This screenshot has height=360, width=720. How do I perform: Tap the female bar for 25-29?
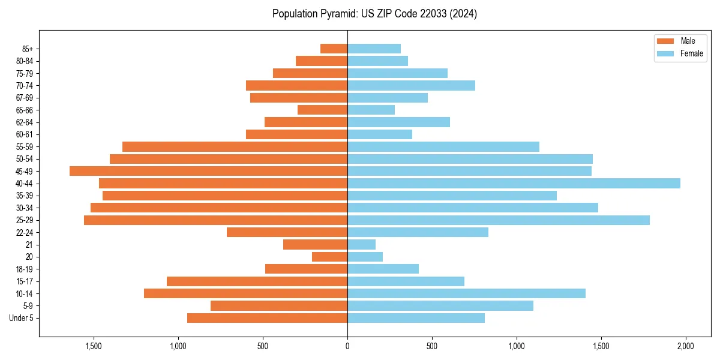pyautogui.click(x=498, y=220)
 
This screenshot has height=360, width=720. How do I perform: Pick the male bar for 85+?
pyautogui.click(x=334, y=49)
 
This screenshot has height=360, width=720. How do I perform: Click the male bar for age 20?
pyautogui.click(x=329, y=257)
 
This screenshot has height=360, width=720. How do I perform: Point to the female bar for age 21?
pyautogui.click(x=361, y=245)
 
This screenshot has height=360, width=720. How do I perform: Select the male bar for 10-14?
pyautogui.click(x=245, y=293)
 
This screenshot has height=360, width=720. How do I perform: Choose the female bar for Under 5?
pyautogui.click(x=416, y=318)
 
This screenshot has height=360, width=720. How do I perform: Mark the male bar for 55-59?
pyautogui.click(x=235, y=146)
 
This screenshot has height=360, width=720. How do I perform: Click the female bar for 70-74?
pyautogui.click(x=411, y=85)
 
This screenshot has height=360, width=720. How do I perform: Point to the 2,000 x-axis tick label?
pyautogui.click(x=685, y=346)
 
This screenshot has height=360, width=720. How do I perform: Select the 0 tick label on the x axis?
pyautogui.click(x=347, y=346)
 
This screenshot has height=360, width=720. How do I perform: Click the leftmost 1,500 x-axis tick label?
pyautogui.click(x=94, y=346)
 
